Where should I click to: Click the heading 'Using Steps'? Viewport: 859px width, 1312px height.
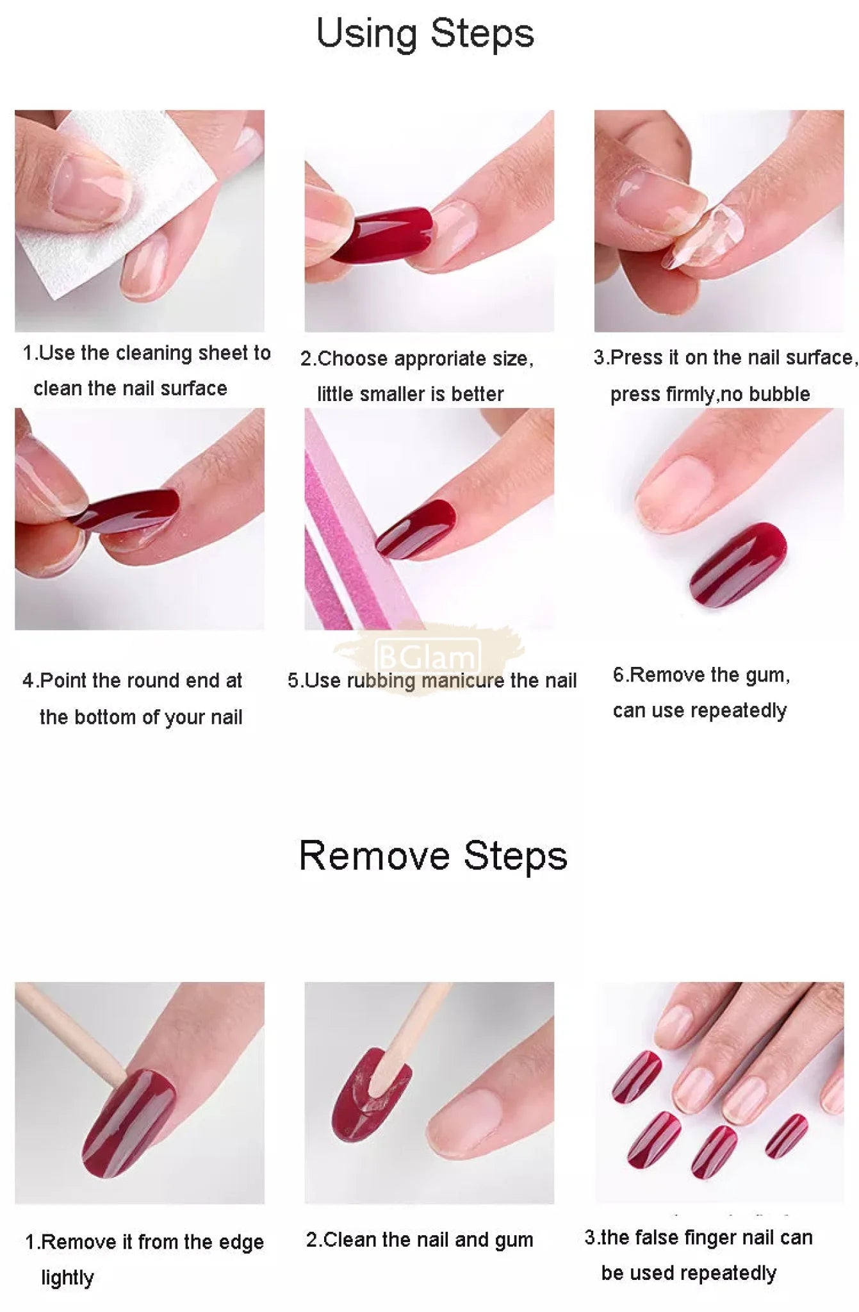tap(425, 34)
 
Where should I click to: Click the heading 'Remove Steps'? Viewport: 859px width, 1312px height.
tap(433, 856)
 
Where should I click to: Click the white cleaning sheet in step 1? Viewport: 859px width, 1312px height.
tap(122, 205)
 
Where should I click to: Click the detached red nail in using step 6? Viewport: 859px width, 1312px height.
tap(737, 564)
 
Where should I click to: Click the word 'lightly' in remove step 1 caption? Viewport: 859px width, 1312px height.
tap(67, 1277)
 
